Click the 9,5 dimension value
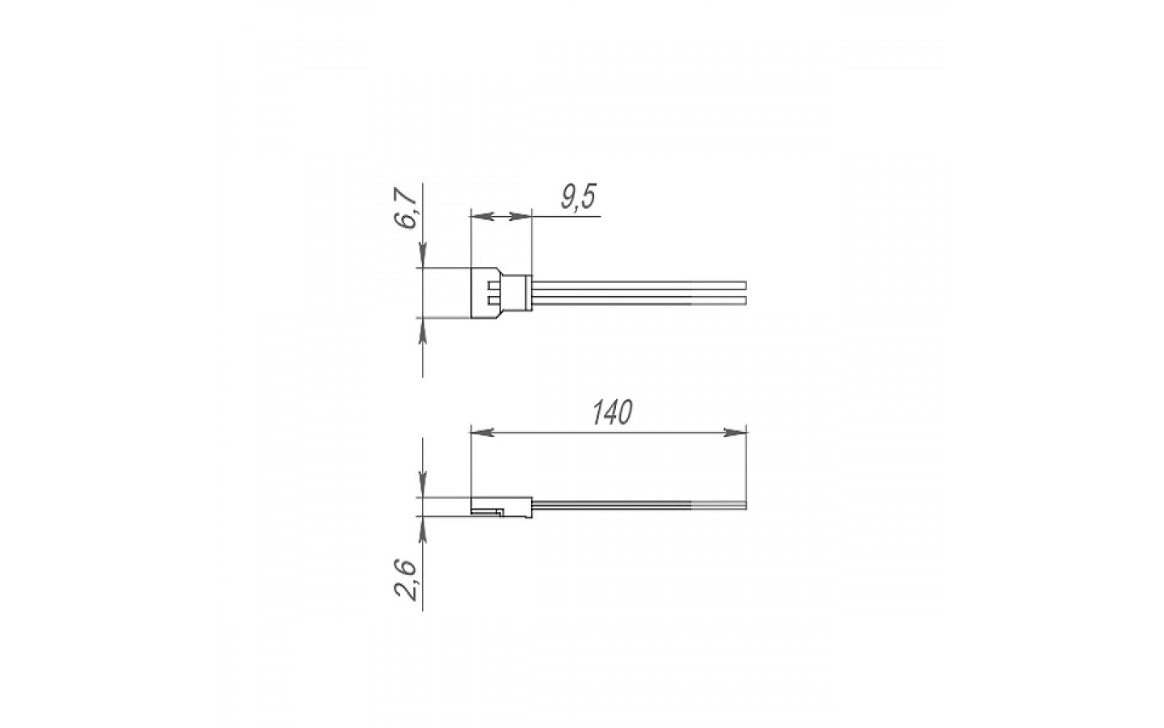579,197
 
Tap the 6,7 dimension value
406,208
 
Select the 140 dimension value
613,413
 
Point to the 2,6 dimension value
406,580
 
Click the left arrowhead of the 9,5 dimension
481,216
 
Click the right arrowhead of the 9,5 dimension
521,216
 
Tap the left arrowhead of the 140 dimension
483,432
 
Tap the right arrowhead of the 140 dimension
736,432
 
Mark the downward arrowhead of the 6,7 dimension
423,256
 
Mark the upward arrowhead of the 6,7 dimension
423,330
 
